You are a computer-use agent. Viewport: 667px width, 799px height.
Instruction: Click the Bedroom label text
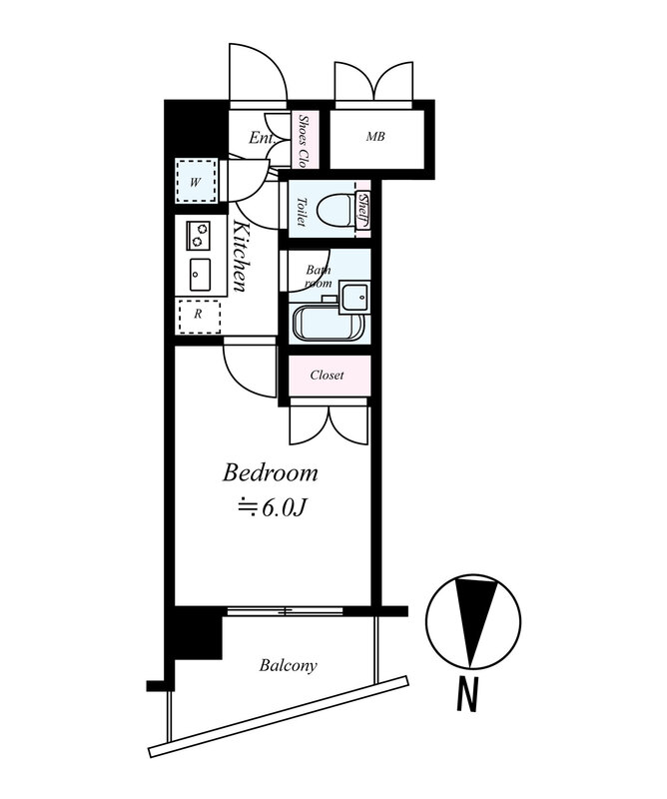click(x=270, y=473)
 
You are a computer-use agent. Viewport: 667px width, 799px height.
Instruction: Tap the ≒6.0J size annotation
click(x=271, y=507)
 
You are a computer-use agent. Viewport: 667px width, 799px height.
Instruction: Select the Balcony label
click(x=288, y=665)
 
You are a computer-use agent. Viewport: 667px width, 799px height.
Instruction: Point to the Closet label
click(x=328, y=376)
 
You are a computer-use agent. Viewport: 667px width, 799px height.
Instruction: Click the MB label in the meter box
click(x=375, y=137)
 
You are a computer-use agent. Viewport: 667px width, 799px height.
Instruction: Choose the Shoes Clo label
click(x=304, y=141)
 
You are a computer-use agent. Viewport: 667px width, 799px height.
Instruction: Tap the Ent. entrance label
click(x=263, y=138)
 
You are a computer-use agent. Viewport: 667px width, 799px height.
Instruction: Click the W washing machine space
click(x=196, y=181)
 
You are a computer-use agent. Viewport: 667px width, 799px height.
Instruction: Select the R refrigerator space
click(x=199, y=317)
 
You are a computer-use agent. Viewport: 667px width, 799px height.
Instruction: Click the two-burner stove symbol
click(x=199, y=235)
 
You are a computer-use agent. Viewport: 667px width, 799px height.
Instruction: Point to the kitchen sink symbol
click(x=200, y=274)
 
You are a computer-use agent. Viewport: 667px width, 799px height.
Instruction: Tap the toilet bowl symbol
click(x=335, y=210)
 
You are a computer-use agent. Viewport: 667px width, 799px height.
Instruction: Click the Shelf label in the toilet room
click(x=363, y=210)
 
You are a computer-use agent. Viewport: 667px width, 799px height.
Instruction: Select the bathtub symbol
click(x=329, y=321)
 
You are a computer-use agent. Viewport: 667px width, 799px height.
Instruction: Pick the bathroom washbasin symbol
click(x=353, y=296)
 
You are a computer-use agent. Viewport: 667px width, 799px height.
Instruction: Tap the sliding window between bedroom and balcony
click(x=285, y=611)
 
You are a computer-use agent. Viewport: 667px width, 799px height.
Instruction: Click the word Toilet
click(x=302, y=212)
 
